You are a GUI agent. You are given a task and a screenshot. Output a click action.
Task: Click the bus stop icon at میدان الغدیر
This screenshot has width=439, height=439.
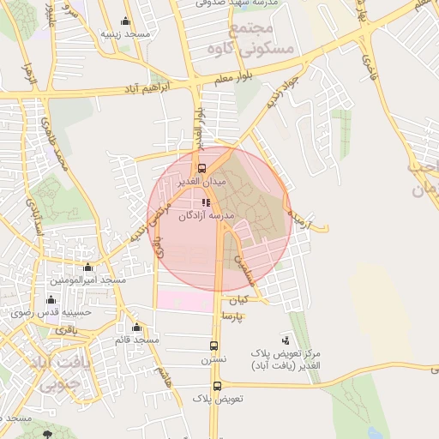(202, 168)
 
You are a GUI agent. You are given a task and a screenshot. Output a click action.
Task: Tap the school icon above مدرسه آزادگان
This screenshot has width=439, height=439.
(205, 202)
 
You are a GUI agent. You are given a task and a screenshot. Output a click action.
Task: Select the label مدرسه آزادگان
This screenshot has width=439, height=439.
(206, 216)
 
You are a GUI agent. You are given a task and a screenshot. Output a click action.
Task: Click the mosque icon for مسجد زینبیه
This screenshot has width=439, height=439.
(127, 21)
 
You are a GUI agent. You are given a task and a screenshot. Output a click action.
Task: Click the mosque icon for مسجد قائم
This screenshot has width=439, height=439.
(136, 327)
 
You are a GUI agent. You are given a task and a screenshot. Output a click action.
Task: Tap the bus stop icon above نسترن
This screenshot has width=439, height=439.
(214, 346)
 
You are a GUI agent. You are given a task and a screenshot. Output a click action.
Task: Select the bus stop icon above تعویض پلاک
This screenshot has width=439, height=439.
(218, 385)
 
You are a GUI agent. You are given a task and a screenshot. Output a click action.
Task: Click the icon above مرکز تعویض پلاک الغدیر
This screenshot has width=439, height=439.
(286, 340)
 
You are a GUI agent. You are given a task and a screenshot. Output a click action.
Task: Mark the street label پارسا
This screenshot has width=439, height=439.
(233, 316)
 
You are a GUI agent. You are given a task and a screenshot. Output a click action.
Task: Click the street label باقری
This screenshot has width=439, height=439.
(67, 329)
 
